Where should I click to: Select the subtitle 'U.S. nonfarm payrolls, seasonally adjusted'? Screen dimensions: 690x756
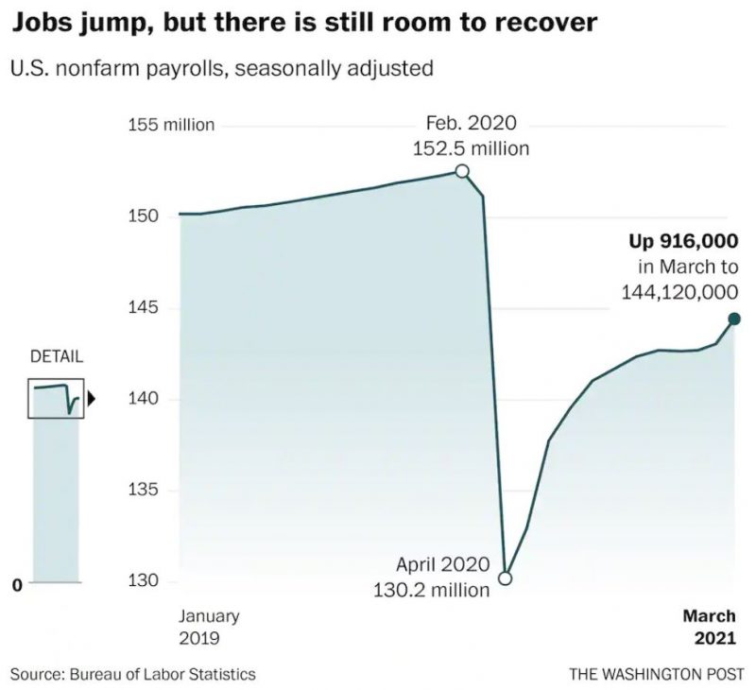[222, 68]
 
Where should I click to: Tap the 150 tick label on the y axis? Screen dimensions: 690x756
[143, 216]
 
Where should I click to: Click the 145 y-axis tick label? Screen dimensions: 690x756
[143, 308]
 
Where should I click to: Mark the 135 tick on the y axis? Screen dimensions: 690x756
[143, 491]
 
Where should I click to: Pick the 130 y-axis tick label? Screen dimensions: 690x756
[143, 581]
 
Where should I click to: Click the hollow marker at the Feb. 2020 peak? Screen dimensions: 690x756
[462, 171]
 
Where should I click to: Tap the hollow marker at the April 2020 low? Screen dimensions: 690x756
[505, 578]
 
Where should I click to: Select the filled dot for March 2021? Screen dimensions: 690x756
[734, 319]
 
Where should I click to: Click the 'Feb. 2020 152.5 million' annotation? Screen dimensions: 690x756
[471, 136]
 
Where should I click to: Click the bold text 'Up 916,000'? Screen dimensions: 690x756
[683, 240]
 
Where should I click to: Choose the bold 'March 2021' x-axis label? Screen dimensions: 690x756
[710, 627]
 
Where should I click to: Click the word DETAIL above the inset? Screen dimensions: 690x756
[57, 357]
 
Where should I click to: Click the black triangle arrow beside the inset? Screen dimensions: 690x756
[92, 398]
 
